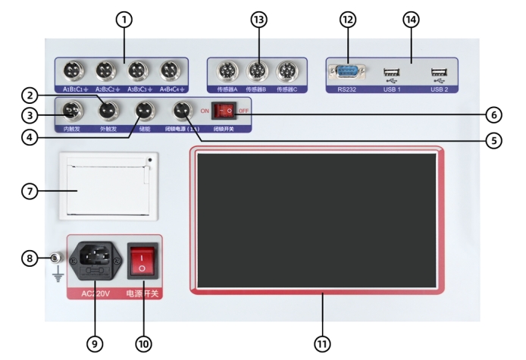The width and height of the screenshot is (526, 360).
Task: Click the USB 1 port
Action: (391, 74)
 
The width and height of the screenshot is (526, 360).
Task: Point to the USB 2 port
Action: (439, 74)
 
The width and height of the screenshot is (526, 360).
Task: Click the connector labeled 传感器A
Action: (227, 73)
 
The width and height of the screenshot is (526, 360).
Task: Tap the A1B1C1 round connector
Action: (74, 72)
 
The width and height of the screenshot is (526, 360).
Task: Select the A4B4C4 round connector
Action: (170, 72)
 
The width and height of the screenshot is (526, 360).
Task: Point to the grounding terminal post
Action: (54, 259)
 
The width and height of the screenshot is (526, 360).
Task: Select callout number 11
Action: (323, 343)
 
